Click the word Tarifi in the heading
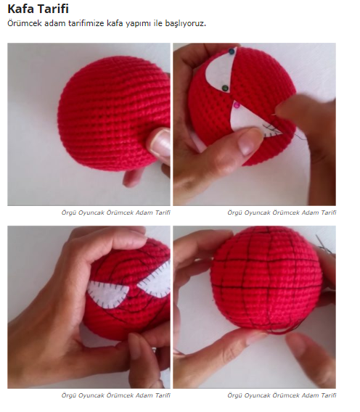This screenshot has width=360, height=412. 54,9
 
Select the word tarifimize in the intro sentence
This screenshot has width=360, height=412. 86,23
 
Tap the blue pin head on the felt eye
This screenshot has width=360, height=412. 232,51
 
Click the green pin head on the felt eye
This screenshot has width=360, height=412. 225,88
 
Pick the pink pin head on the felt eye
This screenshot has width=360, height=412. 237,105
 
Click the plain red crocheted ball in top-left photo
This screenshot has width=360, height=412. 114,113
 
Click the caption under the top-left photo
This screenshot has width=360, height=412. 115,213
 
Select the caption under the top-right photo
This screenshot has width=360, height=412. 282,213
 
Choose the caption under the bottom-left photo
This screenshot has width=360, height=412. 115,395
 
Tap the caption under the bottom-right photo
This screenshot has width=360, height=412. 282,395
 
